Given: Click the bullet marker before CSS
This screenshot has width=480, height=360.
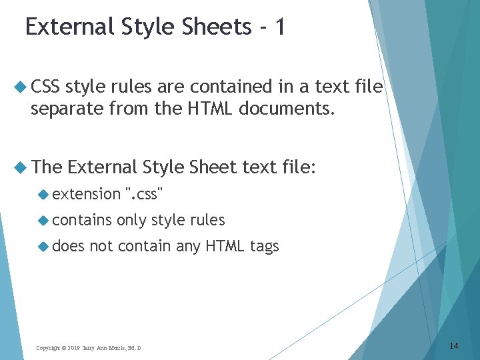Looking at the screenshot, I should (x=20, y=87).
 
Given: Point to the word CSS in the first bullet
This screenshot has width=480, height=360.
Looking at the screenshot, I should (x=45, y=87).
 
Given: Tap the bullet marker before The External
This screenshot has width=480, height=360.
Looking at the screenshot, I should (x=20, y=167).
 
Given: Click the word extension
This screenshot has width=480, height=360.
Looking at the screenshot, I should (x=86, y=194).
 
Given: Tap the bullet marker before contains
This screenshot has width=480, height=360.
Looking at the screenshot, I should (x=44, y=220).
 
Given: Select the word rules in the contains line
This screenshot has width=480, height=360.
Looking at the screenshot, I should (x=208, y=220).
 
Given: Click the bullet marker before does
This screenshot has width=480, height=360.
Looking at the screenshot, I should (x=44, y=246).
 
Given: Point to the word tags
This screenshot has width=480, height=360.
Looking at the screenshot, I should (x=264, y=247).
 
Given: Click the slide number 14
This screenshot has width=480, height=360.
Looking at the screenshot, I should (x=454, y=345).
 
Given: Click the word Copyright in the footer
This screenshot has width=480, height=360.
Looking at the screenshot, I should (x=49, y=348).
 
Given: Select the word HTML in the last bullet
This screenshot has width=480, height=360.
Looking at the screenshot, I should (x=225, y=246).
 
